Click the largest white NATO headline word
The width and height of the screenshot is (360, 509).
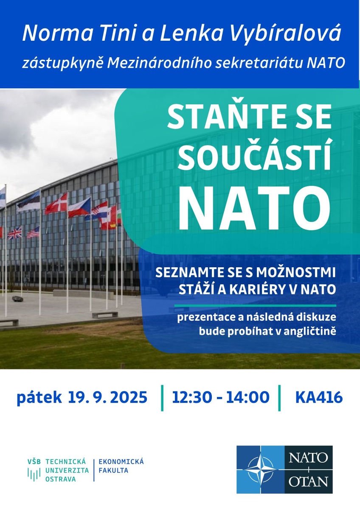[254, 208]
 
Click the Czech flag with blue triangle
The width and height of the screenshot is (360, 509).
[79, 208]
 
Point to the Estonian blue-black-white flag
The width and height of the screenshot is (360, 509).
[29, 201]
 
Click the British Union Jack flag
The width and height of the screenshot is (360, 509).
[14, 233]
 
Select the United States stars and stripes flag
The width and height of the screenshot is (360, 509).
[33, 232]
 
